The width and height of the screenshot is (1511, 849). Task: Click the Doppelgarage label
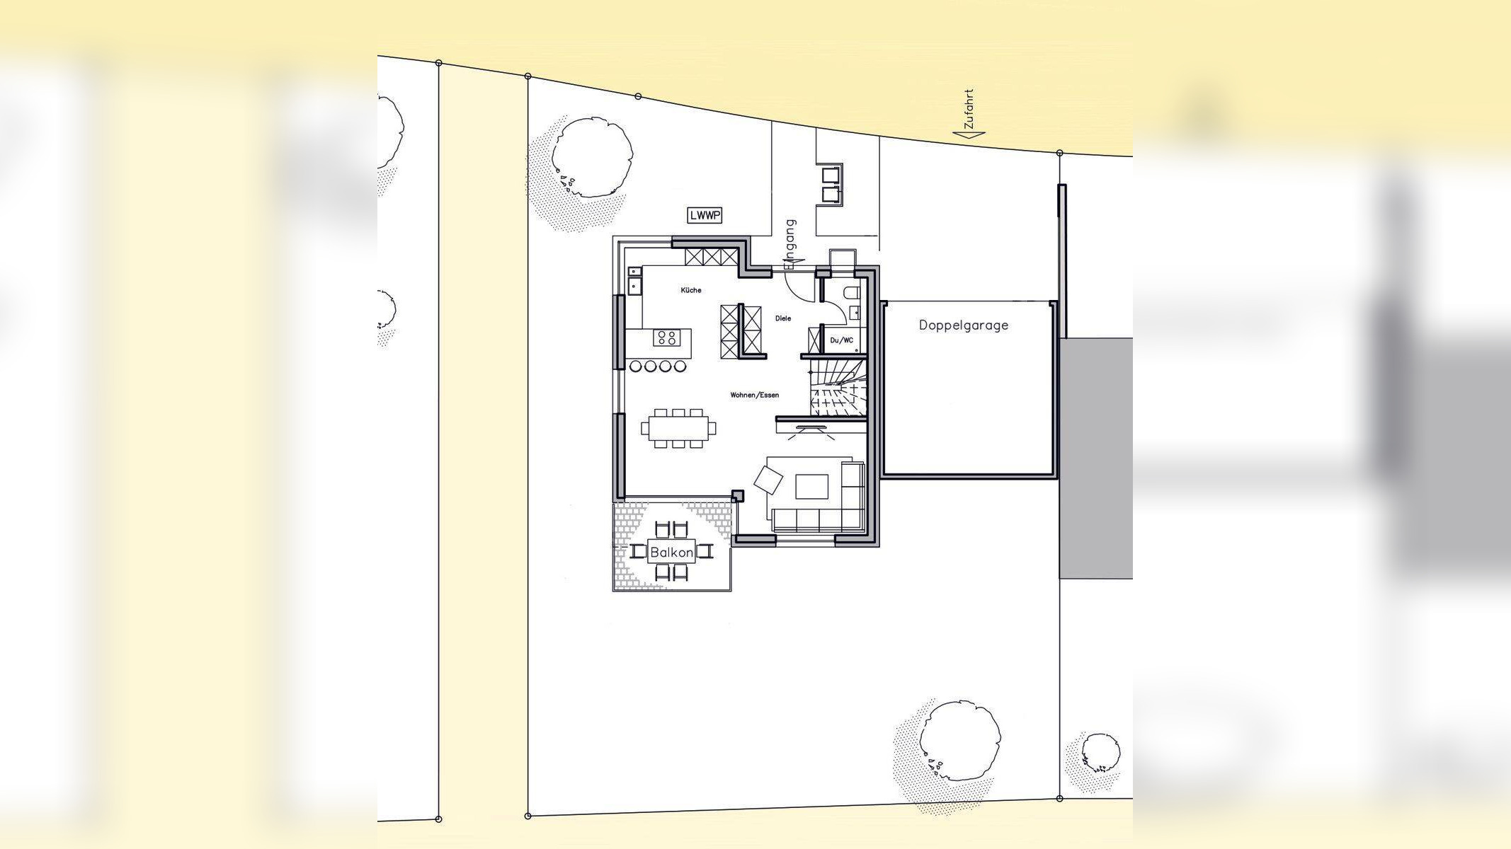coord(963,325)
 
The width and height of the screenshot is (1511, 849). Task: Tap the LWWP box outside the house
coord(705,215)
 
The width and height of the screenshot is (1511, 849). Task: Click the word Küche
coord(691,290)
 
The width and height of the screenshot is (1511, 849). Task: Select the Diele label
coord(783,318)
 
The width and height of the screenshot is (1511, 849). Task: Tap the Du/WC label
coord(842,340)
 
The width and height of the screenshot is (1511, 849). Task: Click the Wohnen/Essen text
coord(755,395)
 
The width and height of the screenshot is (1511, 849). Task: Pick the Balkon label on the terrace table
coord(671,553)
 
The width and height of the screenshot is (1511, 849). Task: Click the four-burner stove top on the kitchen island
coord(666,337)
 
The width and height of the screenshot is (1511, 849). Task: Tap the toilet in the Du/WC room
coord(851,291)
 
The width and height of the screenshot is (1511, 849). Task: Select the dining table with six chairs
coord(678,428)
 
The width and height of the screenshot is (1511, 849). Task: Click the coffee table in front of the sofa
coord(812,487)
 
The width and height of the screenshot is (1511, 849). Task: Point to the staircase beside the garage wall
coord(838,388)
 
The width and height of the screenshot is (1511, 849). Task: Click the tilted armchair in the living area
coord(769,480)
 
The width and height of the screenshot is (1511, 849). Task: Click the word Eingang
coord(790,244)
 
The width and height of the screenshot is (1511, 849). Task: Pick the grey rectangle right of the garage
coord(1096,458)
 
